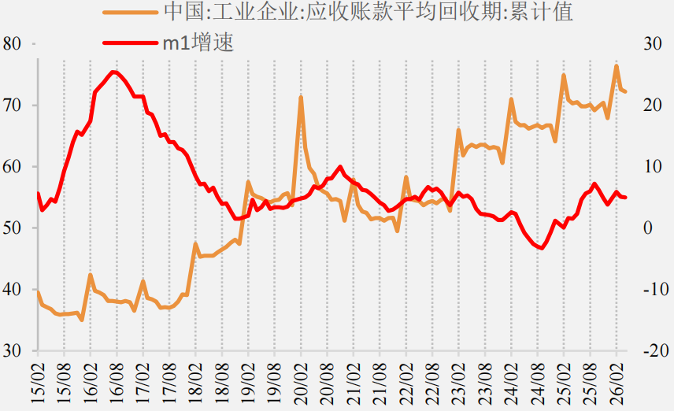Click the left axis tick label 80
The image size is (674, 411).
(12, 44)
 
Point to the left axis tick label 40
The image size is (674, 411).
(12, 289)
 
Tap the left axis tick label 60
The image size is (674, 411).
(12, 167)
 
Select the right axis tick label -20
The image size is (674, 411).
(656, 351)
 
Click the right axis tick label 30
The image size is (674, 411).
(652, 44)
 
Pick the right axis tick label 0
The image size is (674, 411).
(648, 228)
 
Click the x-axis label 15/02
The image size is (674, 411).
(38, 383)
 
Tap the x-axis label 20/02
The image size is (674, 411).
(301, 383)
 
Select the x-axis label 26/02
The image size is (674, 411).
(617, 383)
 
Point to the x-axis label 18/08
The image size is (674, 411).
(222, 383)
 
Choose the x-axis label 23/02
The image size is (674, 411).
(458, 383)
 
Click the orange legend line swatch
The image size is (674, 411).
(130, 13)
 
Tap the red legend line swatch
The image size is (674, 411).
(130, 43)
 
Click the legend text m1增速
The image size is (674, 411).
(198, 43)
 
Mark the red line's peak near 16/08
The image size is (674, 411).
(113, 72)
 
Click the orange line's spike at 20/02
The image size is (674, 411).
(301, 98)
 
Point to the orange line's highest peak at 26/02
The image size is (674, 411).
(617, 66)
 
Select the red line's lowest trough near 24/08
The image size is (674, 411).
(542, 248)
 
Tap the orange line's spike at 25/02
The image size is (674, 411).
(564, 76)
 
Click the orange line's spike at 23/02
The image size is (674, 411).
(458, 130)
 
